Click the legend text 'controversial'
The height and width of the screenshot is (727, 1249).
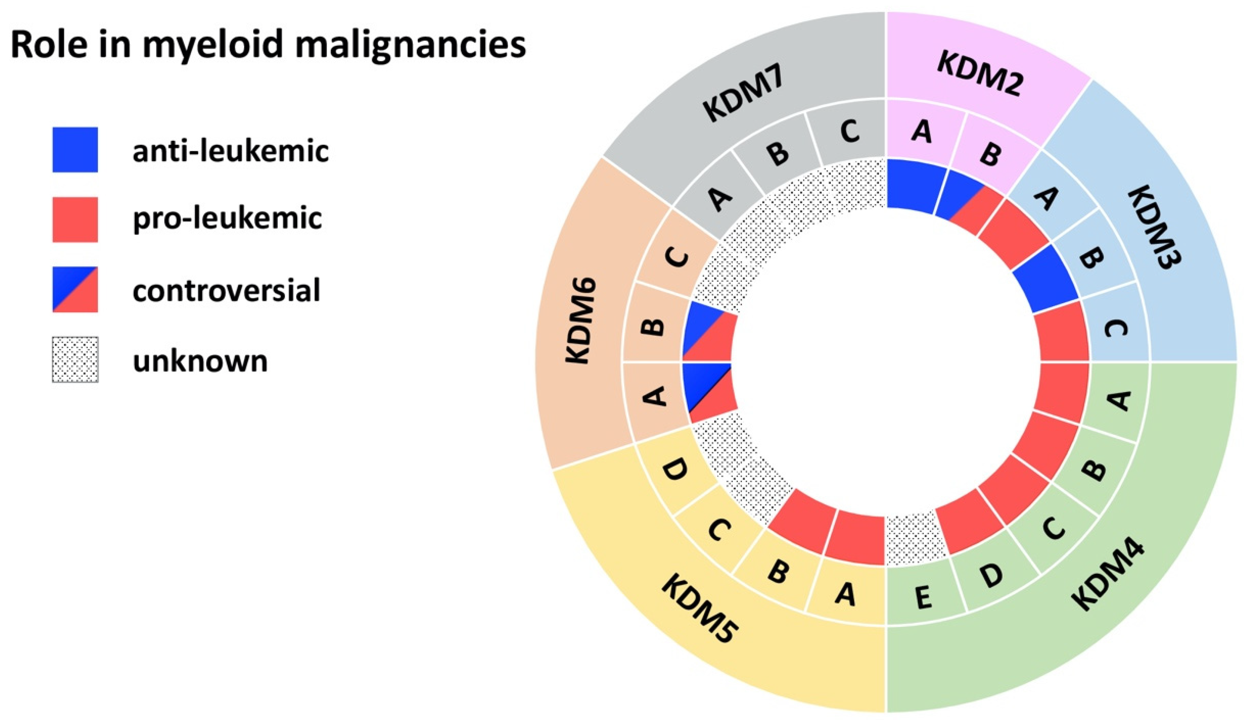(x=227, y=290)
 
